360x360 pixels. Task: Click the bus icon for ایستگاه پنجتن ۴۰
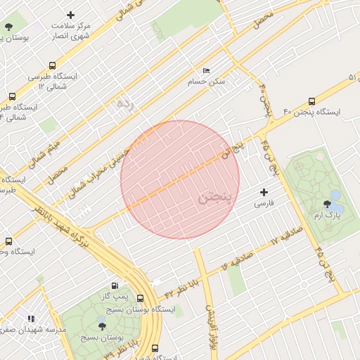[x=311, y=101]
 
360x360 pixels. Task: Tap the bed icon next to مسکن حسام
[x=205, y=71]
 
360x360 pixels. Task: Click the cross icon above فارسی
[x=264, y=192]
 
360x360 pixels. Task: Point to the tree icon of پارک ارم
[x=324, y=204]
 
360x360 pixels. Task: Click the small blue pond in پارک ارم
[x=335, y=195]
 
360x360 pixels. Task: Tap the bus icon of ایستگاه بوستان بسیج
[x=141, y=298]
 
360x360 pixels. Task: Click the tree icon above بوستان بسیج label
[x=102, y=326]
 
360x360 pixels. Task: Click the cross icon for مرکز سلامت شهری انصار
[x=70, y=15]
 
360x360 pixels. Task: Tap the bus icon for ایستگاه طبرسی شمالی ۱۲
[x=53, y=65]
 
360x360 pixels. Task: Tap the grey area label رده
[x=124, y=104]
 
